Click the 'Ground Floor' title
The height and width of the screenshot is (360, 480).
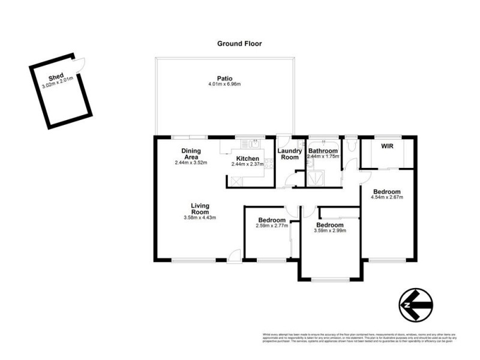point(239,44)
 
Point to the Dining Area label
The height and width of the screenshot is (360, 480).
point(190,154)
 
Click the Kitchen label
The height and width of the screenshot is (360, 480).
point(247,158)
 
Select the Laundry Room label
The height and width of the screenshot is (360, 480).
point(290,154)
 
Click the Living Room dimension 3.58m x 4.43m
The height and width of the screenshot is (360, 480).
point(200,217)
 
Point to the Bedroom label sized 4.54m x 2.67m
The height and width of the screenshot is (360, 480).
point(385,192)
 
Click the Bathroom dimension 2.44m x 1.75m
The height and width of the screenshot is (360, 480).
point(323,157)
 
